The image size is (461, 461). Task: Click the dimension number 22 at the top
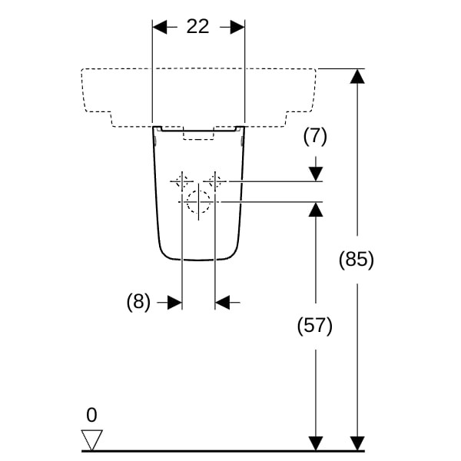point(197,26)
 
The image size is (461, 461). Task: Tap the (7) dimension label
point(315,137)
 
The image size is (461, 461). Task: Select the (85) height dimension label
point(357,260)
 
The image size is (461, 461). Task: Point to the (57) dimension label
point(315,326)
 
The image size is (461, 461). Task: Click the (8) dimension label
point(139,302)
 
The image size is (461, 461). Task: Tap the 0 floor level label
point(92,416)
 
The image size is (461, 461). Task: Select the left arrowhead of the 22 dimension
point(160,27)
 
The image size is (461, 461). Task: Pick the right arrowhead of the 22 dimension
point(237,27)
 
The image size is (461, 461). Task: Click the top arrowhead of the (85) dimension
point(357,76)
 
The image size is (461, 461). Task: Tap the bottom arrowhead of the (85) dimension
point(357,443)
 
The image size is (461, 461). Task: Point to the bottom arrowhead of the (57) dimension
point(315,443)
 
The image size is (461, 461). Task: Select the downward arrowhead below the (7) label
point(315,174)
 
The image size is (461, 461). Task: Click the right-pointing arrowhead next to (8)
point(174,303)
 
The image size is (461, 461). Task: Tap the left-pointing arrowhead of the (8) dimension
point(223,303)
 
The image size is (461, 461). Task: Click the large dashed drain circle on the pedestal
point(198,202)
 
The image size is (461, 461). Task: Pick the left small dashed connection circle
point(181,181)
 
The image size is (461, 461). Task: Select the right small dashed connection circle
point(216,181)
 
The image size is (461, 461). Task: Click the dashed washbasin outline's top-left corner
point(82,70)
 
